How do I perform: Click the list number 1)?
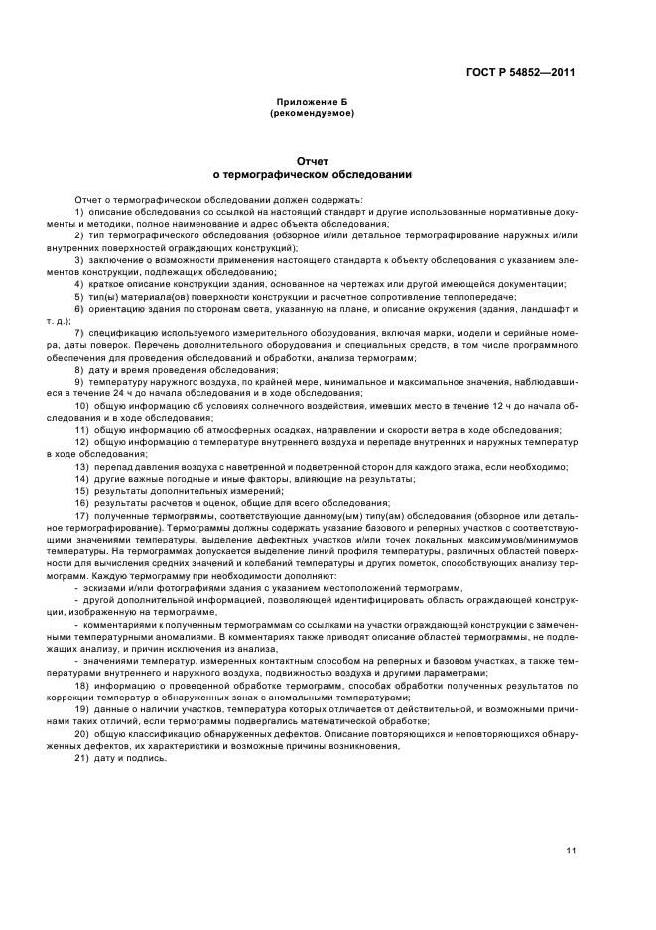coord(79,212)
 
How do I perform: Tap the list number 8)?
coord(79,369)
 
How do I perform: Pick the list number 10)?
coord(81,405)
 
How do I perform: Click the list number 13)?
coord(81,466)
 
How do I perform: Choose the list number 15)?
coord(81,490)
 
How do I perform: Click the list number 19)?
coord(81,709)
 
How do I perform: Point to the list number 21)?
coord(81,758)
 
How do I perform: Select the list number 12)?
coord(81,441)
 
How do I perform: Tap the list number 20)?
coord(81,733)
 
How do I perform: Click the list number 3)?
coord(79,260)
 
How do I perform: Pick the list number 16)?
coord(81,502)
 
